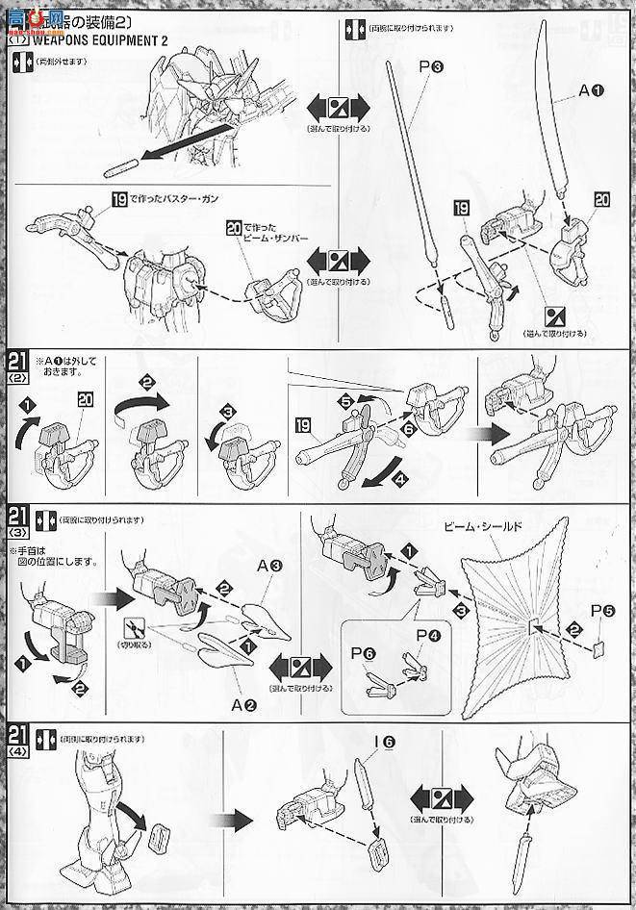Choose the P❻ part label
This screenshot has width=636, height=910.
[363, 653]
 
